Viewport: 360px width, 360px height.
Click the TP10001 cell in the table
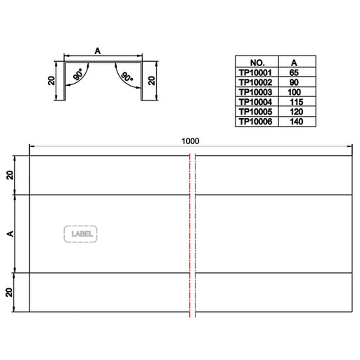[255, 72]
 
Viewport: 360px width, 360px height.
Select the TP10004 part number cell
[255, 102]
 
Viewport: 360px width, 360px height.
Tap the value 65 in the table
[294, 72]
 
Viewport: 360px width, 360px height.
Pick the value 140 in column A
[297, 122]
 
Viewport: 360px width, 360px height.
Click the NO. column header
[257, 63]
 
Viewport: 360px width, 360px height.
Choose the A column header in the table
[294, 63]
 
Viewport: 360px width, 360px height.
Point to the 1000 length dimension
[191, 141]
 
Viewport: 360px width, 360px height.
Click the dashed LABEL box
[80, 234]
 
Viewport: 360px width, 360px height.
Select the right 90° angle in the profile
[127, 77]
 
